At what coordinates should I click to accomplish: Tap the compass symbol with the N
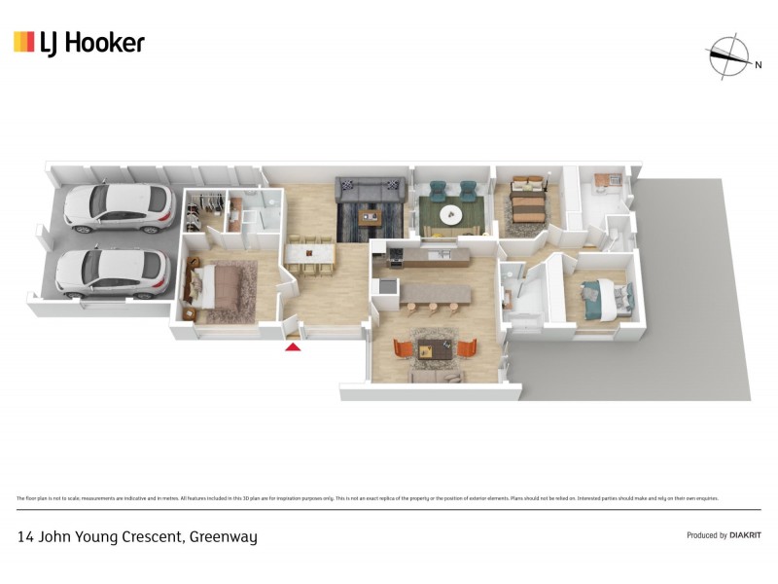coord(727,56)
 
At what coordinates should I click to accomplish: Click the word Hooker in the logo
coord(104,42)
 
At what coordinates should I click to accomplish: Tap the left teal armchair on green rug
coord(431,193)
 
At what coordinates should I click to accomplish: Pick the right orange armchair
coord(468,347)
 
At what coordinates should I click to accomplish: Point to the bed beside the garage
coord(220,287)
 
